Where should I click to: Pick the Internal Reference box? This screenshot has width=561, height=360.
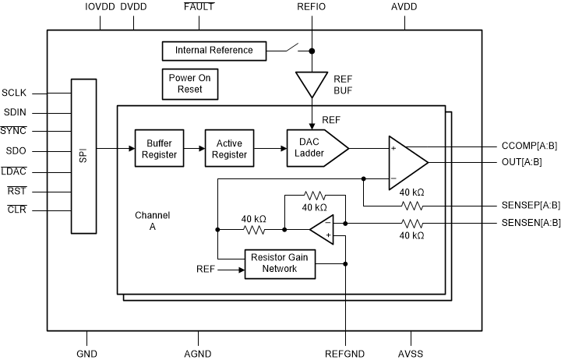[x=213, y=51]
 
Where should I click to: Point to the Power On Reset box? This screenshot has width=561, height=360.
[x=189, y=83]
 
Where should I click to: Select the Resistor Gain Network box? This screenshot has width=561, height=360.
[x=280, y=263]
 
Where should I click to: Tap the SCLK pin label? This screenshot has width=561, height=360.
[x=15, y=91]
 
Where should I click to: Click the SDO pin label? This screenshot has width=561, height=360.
[x=14, y=151]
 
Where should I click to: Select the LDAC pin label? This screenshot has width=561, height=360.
[x=14, y=171]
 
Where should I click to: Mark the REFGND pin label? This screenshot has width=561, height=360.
[x=345, y=353]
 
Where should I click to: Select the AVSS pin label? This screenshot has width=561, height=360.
[x=411, y=353]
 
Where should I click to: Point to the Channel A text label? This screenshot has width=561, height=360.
[x=152, y=220]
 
